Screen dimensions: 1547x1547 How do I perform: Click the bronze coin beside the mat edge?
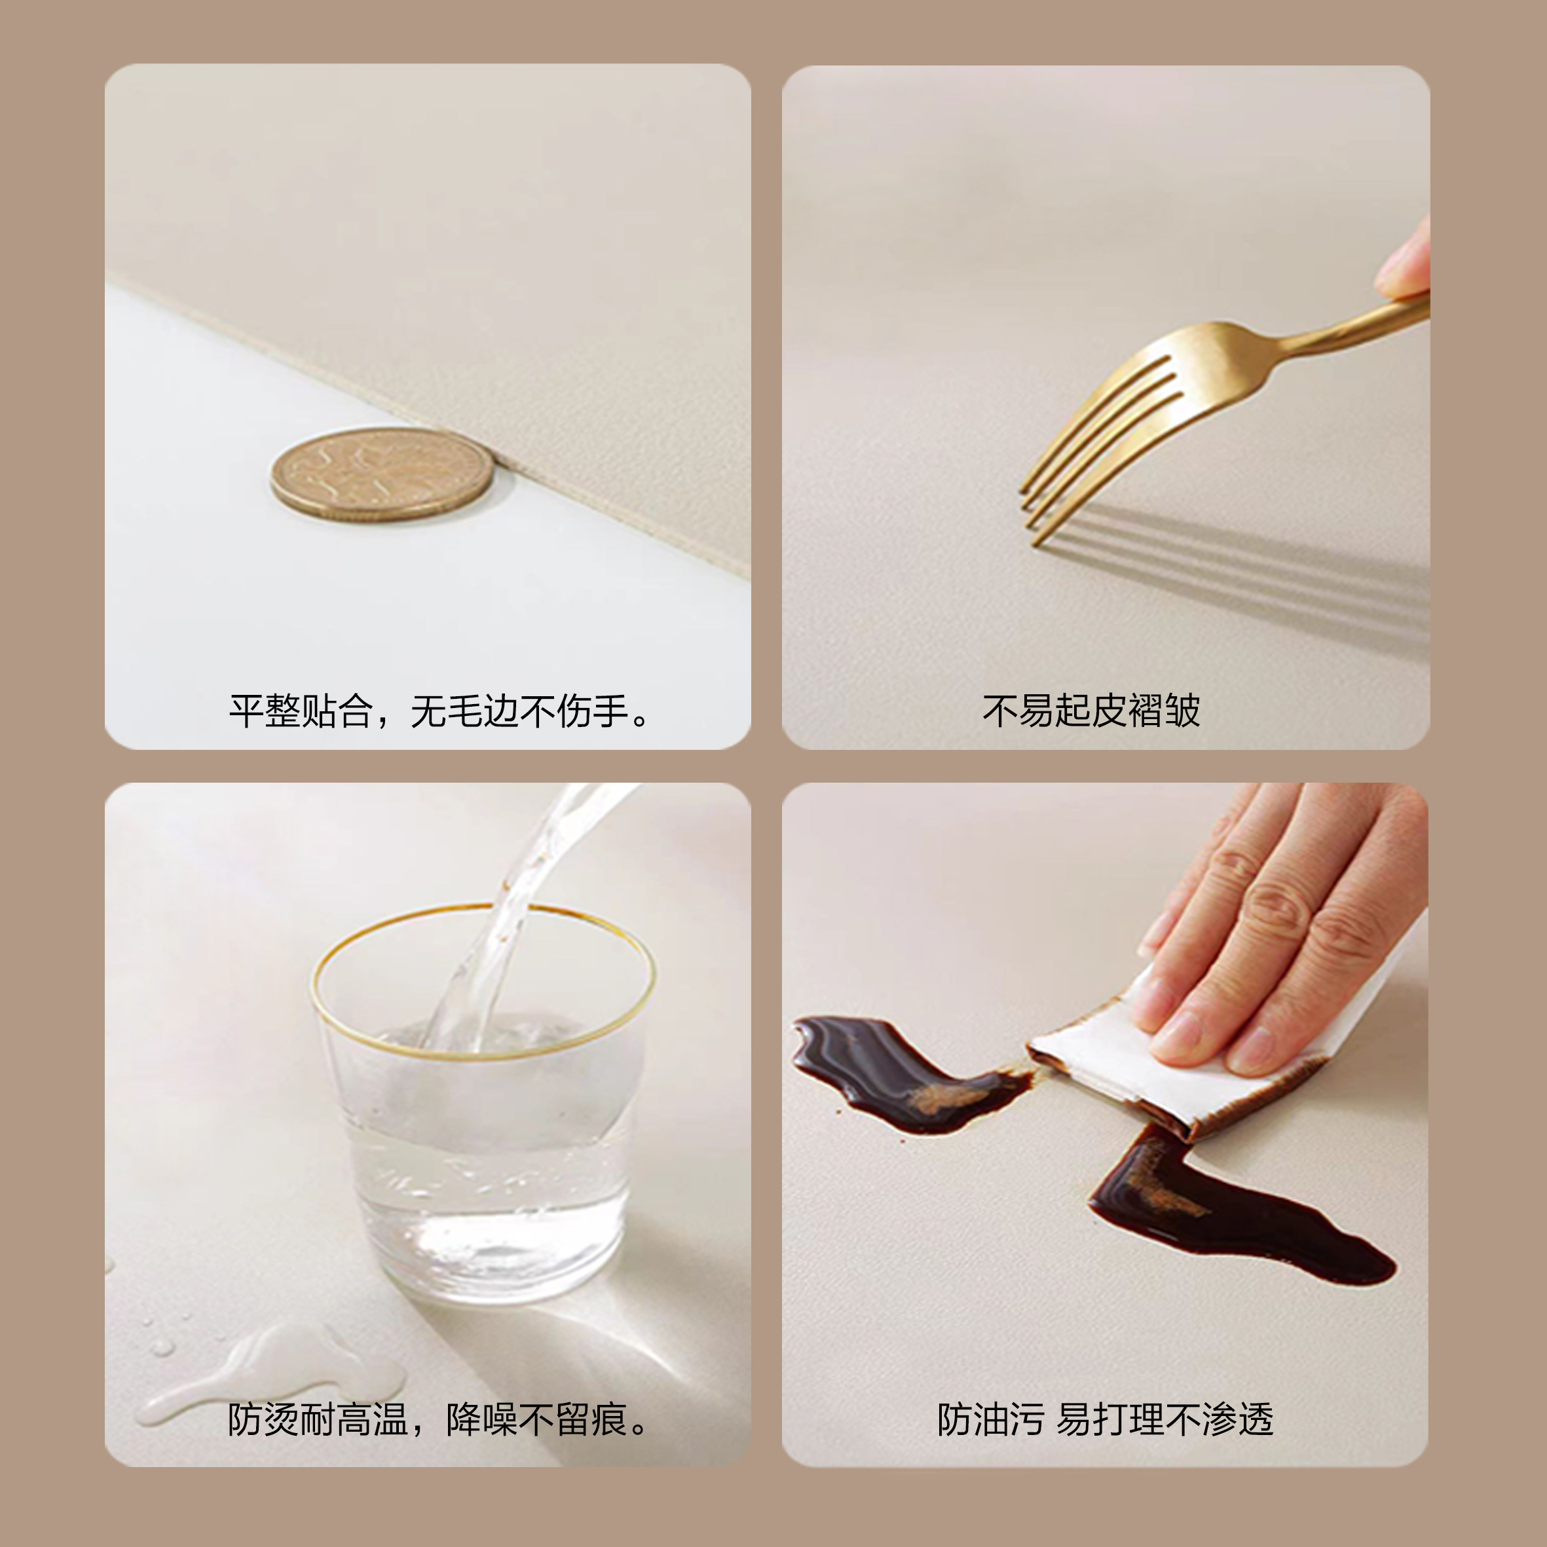(381, 474)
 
